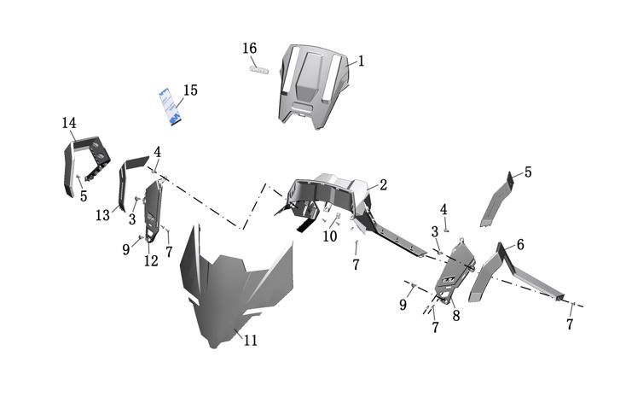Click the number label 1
coord(361,61)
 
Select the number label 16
coord(249,48)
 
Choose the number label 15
coord(190,90)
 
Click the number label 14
coord(69,124)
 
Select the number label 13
coord(102,215)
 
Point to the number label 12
coord(151,261)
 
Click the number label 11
coord(250,341)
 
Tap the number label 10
coord(329,236)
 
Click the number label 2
coord(383,185)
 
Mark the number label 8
coord(456,315)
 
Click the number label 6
coord(519,245)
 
